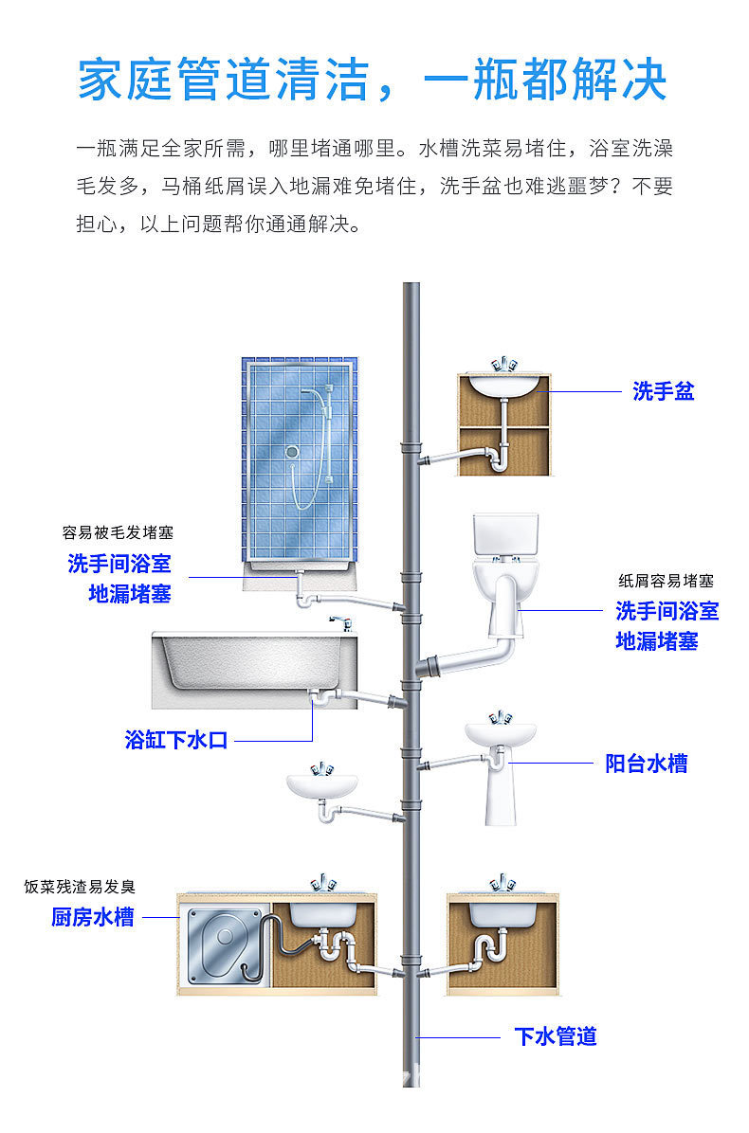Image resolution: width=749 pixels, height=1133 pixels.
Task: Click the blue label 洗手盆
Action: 663,391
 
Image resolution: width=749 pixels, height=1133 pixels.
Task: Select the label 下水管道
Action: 556,1036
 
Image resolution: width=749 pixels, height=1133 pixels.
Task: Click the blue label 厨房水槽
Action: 92,917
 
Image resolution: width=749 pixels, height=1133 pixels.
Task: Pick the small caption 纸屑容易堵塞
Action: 666,581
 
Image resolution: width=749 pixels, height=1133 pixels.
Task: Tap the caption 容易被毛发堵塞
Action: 118,533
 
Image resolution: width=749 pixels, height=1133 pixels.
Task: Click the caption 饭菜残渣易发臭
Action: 81,888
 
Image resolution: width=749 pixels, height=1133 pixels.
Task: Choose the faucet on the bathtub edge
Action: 339,622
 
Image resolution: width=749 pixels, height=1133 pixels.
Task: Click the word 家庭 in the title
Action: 126,80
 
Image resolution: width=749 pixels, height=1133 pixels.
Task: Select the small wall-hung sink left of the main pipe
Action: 322,784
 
